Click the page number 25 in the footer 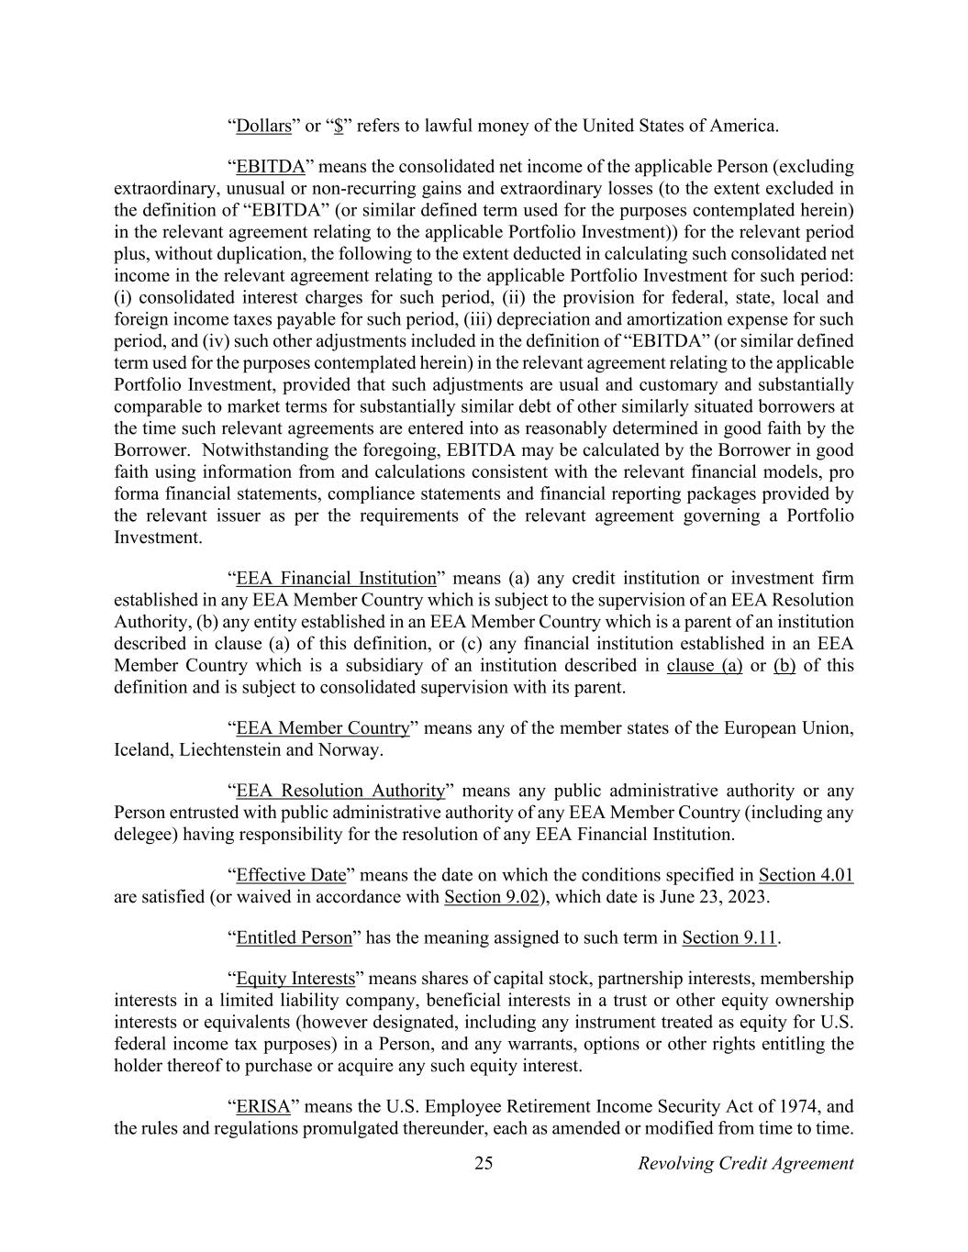tap(484, 1164)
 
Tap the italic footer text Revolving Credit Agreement tap(745, 1164)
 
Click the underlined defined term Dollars tap(263, 126)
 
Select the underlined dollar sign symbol tap(339, 126)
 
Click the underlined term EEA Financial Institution tap(336, 578)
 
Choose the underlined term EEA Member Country tap(322, 728)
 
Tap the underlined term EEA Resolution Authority tap(340, 791)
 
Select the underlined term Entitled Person tap(294, 937)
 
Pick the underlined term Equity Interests tap(295, 979)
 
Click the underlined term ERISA tap(263, 1106)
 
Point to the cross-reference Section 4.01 tap(806, 875)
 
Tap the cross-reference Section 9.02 tap(491, 897)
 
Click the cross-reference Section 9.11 tap(729, 937)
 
